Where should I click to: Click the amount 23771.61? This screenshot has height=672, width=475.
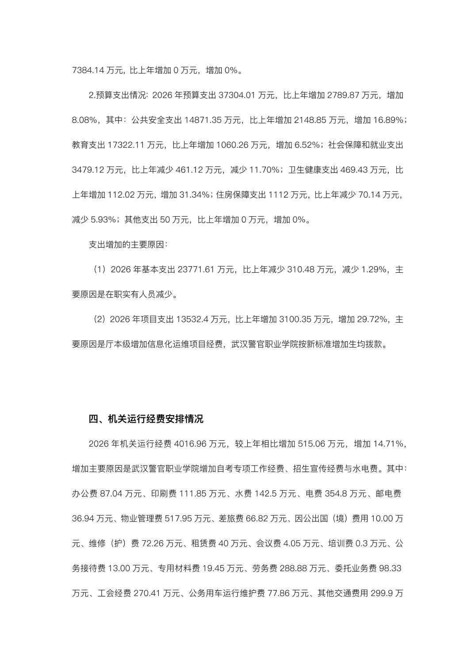tap(196, 270)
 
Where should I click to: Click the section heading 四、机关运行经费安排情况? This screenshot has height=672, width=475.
tap(146, 419)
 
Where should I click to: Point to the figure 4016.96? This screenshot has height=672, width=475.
tap(191, 444)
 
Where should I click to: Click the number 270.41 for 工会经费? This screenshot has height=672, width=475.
tap(146, 593)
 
